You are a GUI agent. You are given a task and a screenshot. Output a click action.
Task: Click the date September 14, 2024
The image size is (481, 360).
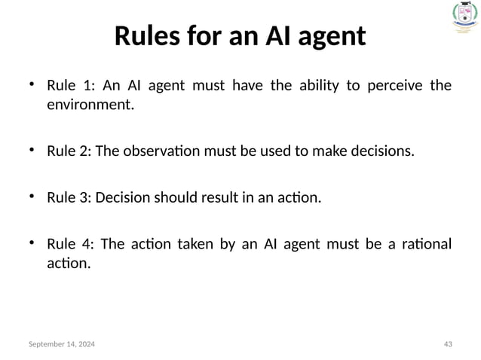pyautogui.click(x=63, y=344)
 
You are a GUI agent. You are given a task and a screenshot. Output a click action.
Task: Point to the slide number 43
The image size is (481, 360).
pyautogui.click(x=448, y=344)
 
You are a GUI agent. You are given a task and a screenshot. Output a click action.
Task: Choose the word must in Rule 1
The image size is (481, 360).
pyautogui.click(x=209, y=85)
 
